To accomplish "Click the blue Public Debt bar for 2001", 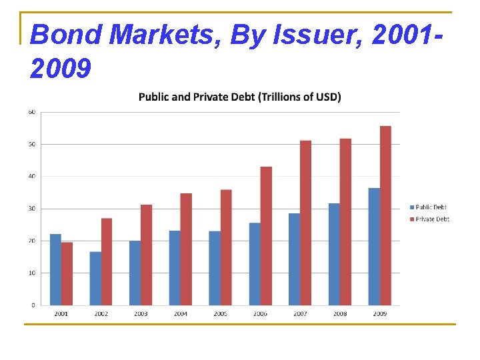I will pos(55,269).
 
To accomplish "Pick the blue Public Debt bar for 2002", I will pos(96,278).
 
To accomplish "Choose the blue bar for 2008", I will pos(334,254).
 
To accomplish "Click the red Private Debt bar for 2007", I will pos(306,223).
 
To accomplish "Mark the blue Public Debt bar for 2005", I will pos(215,268).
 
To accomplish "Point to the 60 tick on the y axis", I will pos(31,112).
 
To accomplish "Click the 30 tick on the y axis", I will pos(31,209).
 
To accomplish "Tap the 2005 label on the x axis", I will pos(221,313).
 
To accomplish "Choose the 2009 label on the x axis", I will pos(379,313).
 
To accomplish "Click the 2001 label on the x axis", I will pos(61,313).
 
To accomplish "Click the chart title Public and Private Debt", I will pos(239,97).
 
